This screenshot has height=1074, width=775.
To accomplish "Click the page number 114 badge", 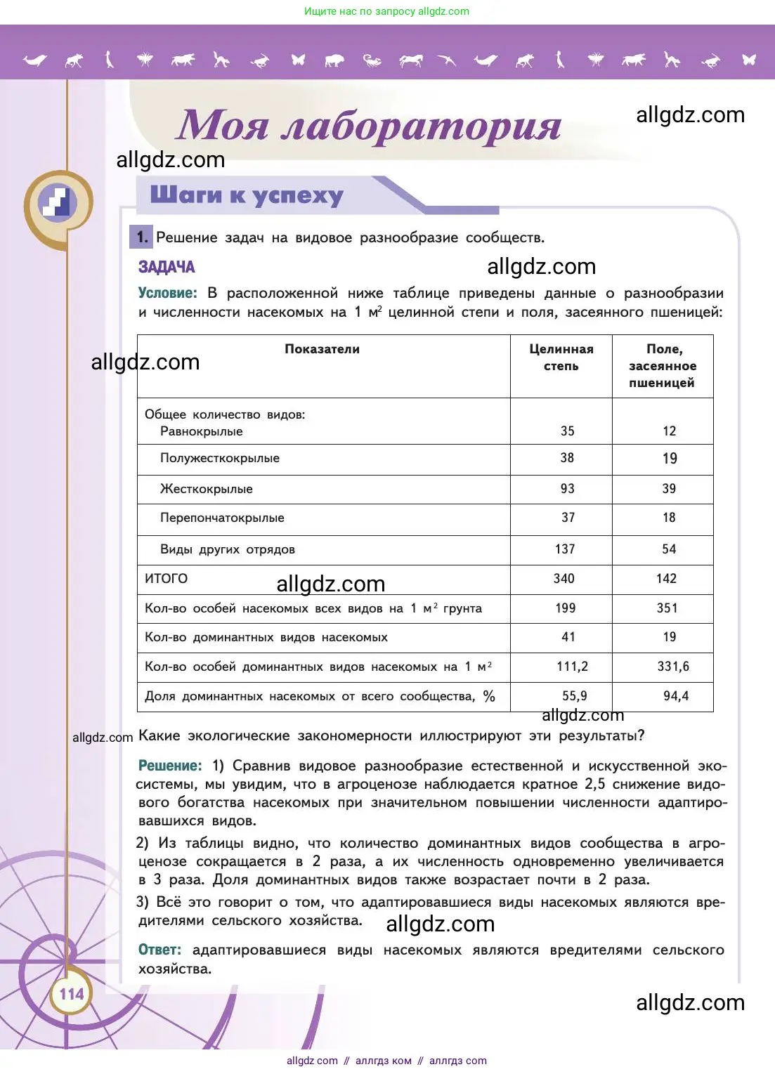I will [71, 994].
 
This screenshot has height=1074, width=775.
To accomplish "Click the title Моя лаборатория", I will [368, 126].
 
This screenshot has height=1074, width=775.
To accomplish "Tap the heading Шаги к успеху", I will [247, 195].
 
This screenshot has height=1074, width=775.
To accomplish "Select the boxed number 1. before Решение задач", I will [141, 237].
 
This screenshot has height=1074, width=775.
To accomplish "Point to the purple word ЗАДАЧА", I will [167, 267].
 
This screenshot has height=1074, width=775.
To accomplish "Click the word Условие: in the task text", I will [167, 293].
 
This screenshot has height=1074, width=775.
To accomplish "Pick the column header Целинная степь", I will [561, 358].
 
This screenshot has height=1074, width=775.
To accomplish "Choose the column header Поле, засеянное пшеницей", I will [662, 366].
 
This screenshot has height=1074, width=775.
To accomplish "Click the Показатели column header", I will [322, 349].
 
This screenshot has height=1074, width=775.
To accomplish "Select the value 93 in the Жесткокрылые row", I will [567, 488].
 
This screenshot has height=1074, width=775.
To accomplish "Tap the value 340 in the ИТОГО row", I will [564, 578].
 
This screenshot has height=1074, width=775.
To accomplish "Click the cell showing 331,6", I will [672, 666].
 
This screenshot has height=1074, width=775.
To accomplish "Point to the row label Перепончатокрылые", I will [222, 518].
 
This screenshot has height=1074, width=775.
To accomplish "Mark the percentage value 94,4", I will [675, 695].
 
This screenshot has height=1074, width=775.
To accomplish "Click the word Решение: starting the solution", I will [170, 766].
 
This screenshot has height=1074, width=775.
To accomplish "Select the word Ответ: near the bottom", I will [159, 950].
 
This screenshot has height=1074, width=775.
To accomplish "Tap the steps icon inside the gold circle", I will [58, 203].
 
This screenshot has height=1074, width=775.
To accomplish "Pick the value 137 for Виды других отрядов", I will [565, 549].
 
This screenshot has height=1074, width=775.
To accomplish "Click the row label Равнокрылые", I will [201, 431].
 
